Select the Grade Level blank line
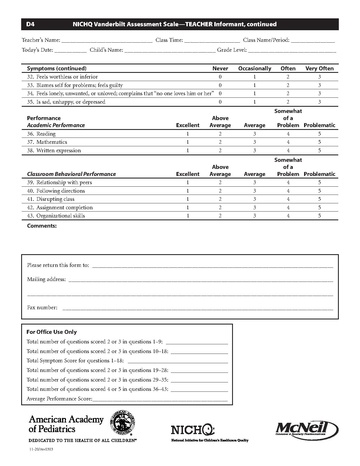285,49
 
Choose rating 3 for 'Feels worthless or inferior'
318,76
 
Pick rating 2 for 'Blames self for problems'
287,85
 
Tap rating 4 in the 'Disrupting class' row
287,199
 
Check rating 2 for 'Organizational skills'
220,216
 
